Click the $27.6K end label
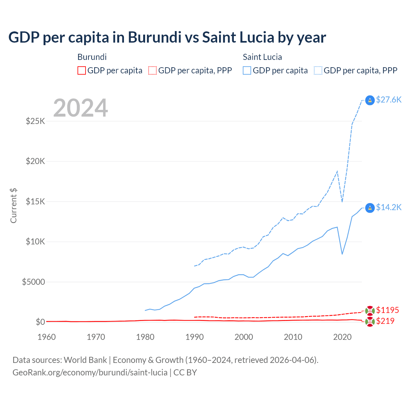[x=389, y=100]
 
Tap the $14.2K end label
[x=389, y=207]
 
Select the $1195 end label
[x=387, y=310]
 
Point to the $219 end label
[x=385, y=321]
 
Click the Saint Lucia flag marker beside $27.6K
[x=370, y=100]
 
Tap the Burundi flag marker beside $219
[x=370, y=322]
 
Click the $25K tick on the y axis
[x=36, y=121]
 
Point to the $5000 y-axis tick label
[x=33, y=282]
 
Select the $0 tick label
[x=40, y=322]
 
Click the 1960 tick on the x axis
[x=46, y=337]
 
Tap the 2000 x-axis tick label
[x=244, y=337]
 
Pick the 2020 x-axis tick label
[x=342, y=337]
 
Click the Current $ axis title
[x=13, y=206]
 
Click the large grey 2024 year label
[x=80, y=108]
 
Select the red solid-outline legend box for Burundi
[x=82, y=70]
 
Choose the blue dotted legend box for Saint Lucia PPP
[x=318, y=70]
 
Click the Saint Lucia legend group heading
[x=262, y=57]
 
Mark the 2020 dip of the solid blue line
[x=342, y=254]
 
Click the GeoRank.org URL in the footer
[x=90, y=373]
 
